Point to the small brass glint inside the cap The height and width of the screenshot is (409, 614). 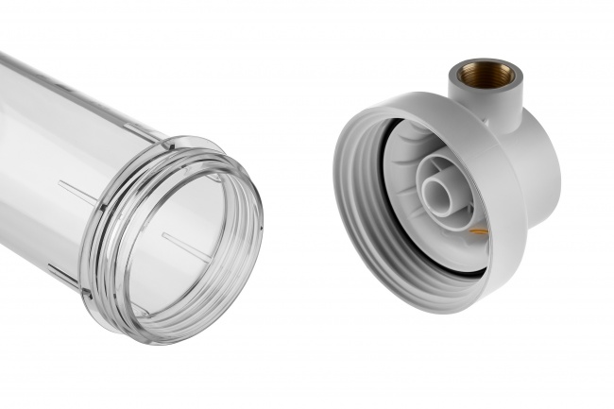pos(479,230)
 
